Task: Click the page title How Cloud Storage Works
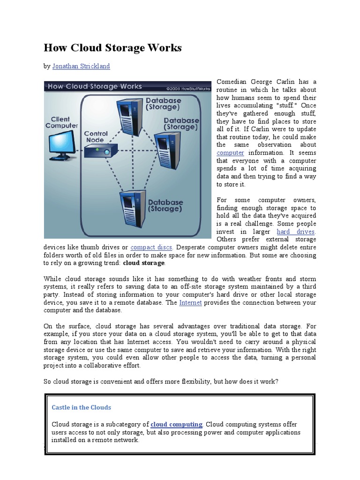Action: click(112, 48)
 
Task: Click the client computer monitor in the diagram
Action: click(62, 144)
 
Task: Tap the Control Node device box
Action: click(100, 150)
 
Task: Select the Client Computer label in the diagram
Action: click(61, 122)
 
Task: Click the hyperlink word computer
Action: click(230, 153)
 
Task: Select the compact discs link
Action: click(151, 247)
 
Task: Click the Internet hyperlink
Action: click(190, 303)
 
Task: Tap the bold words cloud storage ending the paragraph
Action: click(144, 263)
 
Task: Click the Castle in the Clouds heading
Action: click(82, 407)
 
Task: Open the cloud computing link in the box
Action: click(176, 424)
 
